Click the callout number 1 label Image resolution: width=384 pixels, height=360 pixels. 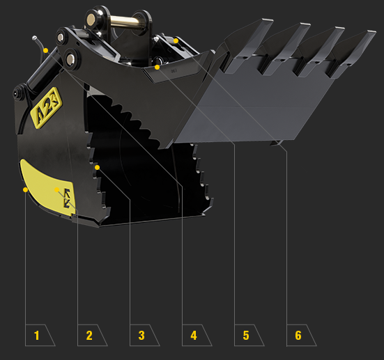pyautogui.click(x=37, y=335)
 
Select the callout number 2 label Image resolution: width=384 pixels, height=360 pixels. pyautogui.click(x=89, y=335)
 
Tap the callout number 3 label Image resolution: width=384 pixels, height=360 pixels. pyautogui.click(x=141, y=335)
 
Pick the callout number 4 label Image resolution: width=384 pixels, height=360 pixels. pyautogui.click(x=194, y=335)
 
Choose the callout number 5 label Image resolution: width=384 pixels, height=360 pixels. pyautogui.click(x=246, y=335)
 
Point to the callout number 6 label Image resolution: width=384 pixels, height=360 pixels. pyautogui.click(x=298, y=335)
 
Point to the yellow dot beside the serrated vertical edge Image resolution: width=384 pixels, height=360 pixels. pyautogui.click(x=98, y=167)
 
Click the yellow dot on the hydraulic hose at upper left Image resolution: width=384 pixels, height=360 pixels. pyautogui.click(x=45, y=51)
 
